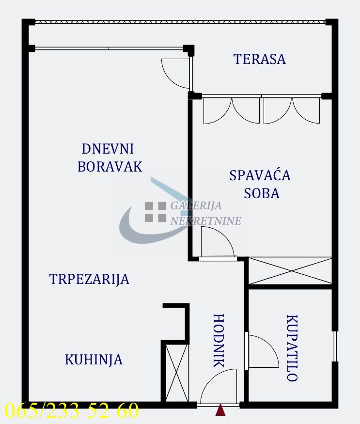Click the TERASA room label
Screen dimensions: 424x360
pos(259,59)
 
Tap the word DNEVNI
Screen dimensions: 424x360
pos(108,149)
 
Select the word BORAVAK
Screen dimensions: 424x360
pos(110,167)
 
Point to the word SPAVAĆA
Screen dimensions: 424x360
pos(260,175)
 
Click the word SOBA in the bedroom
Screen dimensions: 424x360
pos(262,193)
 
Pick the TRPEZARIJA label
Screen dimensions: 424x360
pos(90,279)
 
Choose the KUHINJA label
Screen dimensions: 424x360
pos(94,360)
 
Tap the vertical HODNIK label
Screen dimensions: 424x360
pos(219,341)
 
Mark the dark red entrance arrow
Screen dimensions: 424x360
pos(221,410)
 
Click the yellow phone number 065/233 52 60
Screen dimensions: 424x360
pos(72,411)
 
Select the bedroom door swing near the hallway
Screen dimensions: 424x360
pos(217,242)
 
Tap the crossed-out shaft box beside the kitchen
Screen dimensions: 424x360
pos(174,372)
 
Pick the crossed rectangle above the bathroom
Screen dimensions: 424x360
pos(290,271)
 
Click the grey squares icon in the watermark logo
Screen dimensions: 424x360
pos(155,211)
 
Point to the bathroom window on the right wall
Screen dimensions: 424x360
pos(334,346)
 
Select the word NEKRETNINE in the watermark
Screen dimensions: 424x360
pos(205,221)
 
